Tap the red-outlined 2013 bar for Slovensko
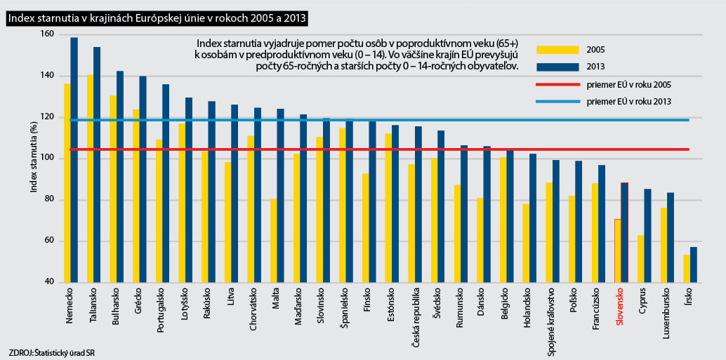(624, 232)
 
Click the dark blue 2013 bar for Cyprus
(647, 235)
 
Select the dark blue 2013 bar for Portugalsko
(166, 183)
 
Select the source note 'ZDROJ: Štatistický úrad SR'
(52, 352)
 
